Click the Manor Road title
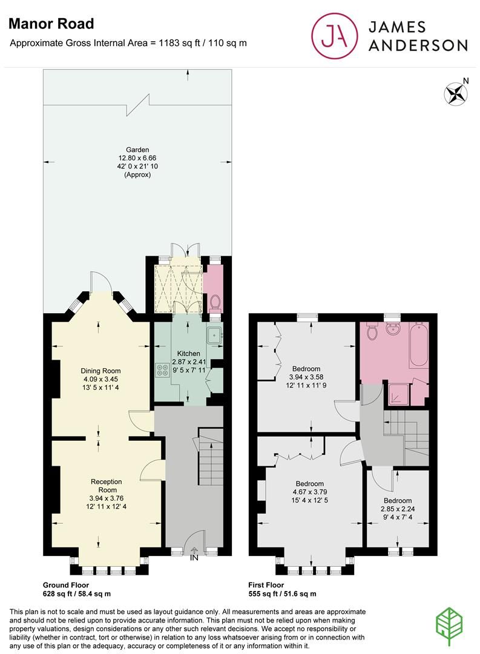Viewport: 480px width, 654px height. [x=51, y=24]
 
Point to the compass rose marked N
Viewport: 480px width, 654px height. [x=456, y=93]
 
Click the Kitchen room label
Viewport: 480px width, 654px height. [x=188, y=353]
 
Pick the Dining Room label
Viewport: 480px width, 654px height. [x=101, y=371]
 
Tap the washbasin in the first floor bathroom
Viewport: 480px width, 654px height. [x=394, y=330]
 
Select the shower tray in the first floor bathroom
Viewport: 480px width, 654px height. [x=397, y=395]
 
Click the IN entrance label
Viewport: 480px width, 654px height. [x=194, y=558]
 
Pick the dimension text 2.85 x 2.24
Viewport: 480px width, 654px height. [x=398, y=509]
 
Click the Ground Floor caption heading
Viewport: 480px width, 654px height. [x=66, y=585]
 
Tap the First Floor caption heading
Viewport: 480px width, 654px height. [x=266, y=585]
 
